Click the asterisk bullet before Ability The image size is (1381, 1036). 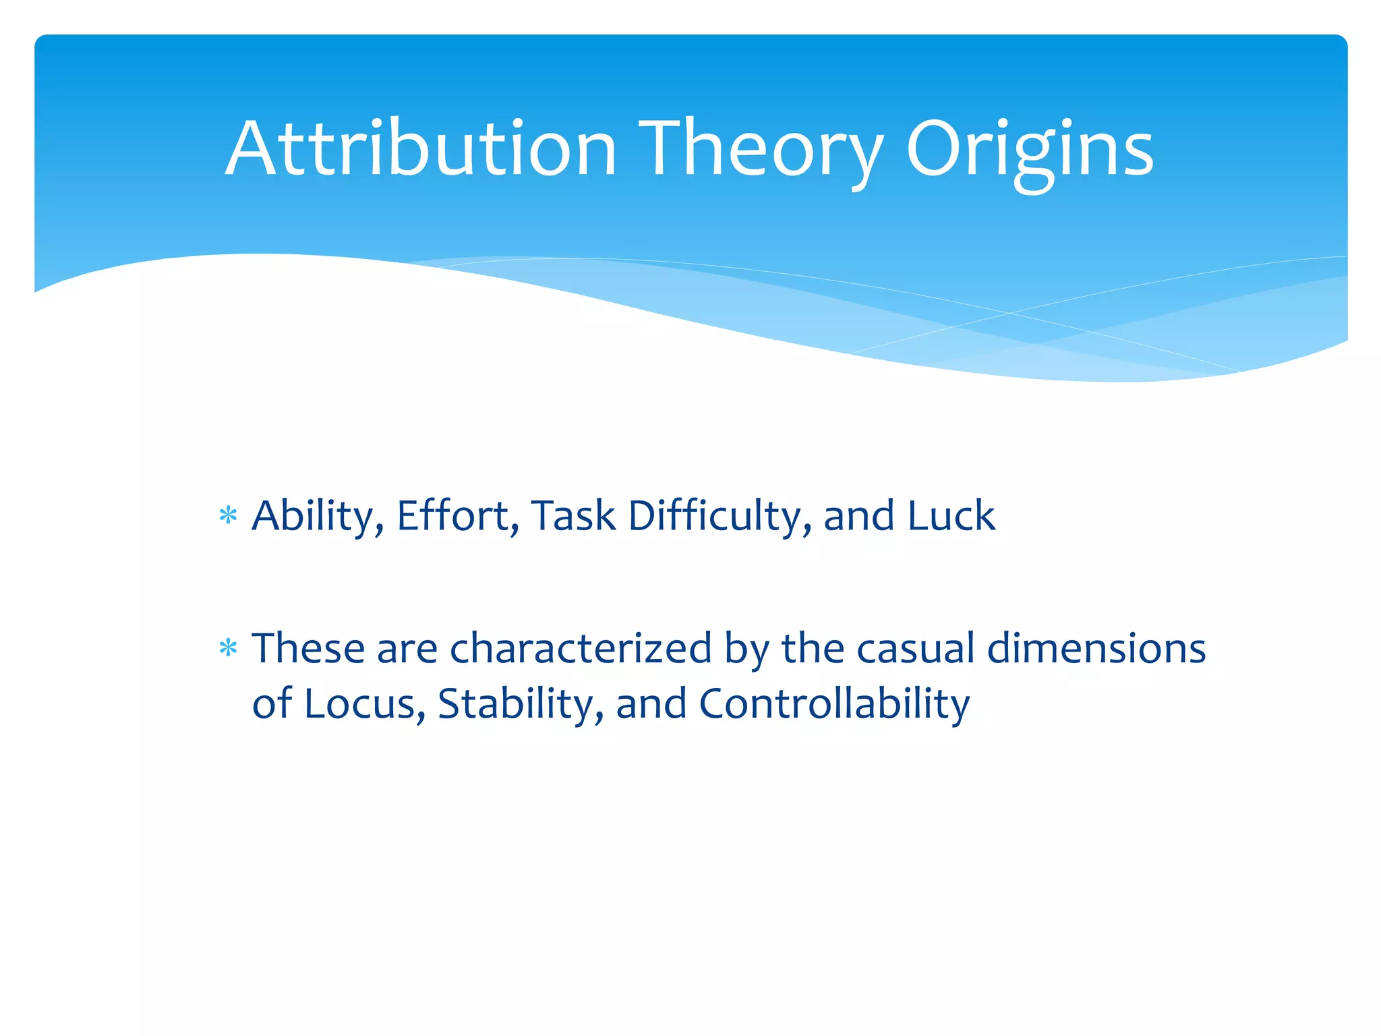[229, 517]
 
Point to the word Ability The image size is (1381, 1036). [318, 517]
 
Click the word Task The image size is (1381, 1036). [573, 515]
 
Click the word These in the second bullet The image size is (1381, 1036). [308, 648]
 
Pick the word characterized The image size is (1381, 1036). [581, 648]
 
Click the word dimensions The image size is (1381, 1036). [1096, 648]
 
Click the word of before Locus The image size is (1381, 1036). [272, 703]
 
